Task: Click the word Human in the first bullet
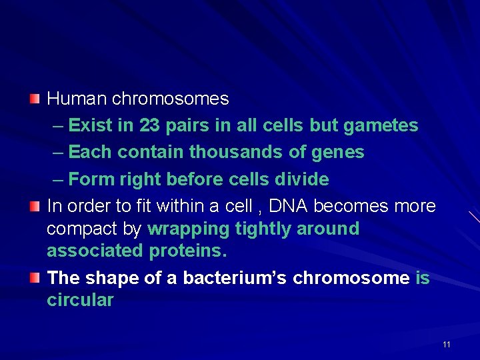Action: point(77,99)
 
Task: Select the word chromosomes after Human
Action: point(170,99)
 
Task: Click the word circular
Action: point(80,300)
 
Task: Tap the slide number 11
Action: point(446,344)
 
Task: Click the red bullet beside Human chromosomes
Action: point(35,99)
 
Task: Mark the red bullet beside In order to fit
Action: point(35,206)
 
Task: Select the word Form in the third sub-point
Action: point(92,179)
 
